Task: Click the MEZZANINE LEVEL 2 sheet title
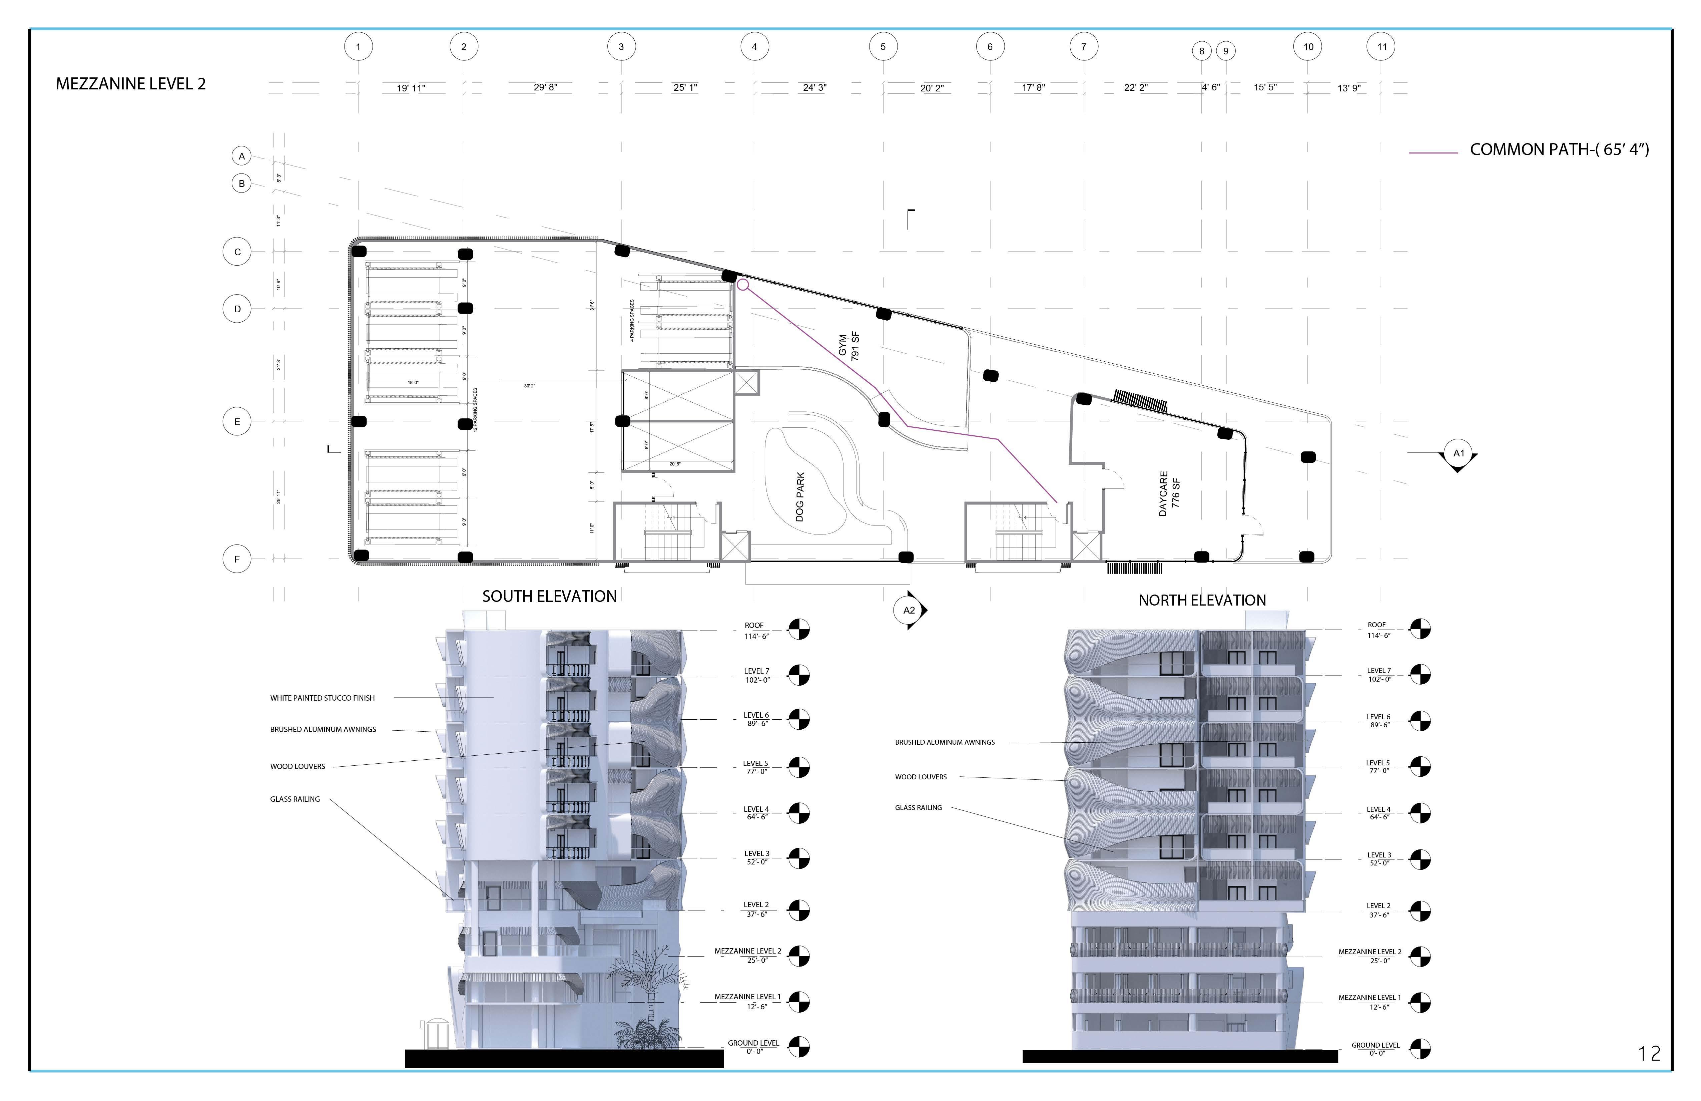coord(131,84)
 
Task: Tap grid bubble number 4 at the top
coord(754,47)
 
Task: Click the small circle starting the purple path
coord(742,285)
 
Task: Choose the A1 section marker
coord(1459,453)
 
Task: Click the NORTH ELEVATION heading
coord(1202,601)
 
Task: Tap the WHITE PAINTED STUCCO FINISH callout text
coord(322,698)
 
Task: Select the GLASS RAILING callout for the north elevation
coord(919,808)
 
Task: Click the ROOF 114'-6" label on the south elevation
coord(754,630)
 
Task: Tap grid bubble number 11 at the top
coord(1381,47)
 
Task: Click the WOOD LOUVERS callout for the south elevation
coord(297,766)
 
